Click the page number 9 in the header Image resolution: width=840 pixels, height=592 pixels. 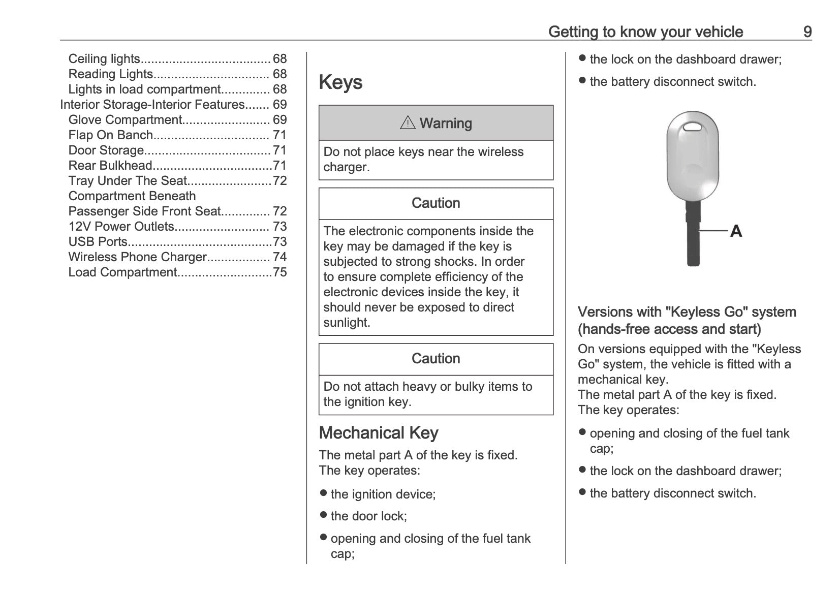pos(807,32)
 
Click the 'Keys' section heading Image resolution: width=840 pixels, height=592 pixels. pos(340,82)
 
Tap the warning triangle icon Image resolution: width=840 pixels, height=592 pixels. pos(408,122)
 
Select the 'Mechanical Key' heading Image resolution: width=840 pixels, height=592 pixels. pos(378,433)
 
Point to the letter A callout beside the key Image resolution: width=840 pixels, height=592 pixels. pos(736,232)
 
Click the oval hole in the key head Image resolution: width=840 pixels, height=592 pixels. pos(693,126)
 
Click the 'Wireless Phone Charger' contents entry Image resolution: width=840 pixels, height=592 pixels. pos(138,257)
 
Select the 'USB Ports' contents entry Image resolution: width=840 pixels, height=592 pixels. pos(98,242)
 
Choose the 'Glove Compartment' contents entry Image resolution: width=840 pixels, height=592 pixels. pos(125,120)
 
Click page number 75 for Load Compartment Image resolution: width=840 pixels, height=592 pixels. pos(280,272)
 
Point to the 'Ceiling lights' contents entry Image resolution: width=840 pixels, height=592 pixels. pos(104,59)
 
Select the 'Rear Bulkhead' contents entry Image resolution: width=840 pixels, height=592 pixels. pos(110,166)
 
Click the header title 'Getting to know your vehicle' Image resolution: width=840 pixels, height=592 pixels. pos(645,32)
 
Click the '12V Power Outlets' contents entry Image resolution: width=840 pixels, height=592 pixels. pos(121,227)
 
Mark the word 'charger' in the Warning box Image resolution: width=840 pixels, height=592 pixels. pos(345,167)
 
